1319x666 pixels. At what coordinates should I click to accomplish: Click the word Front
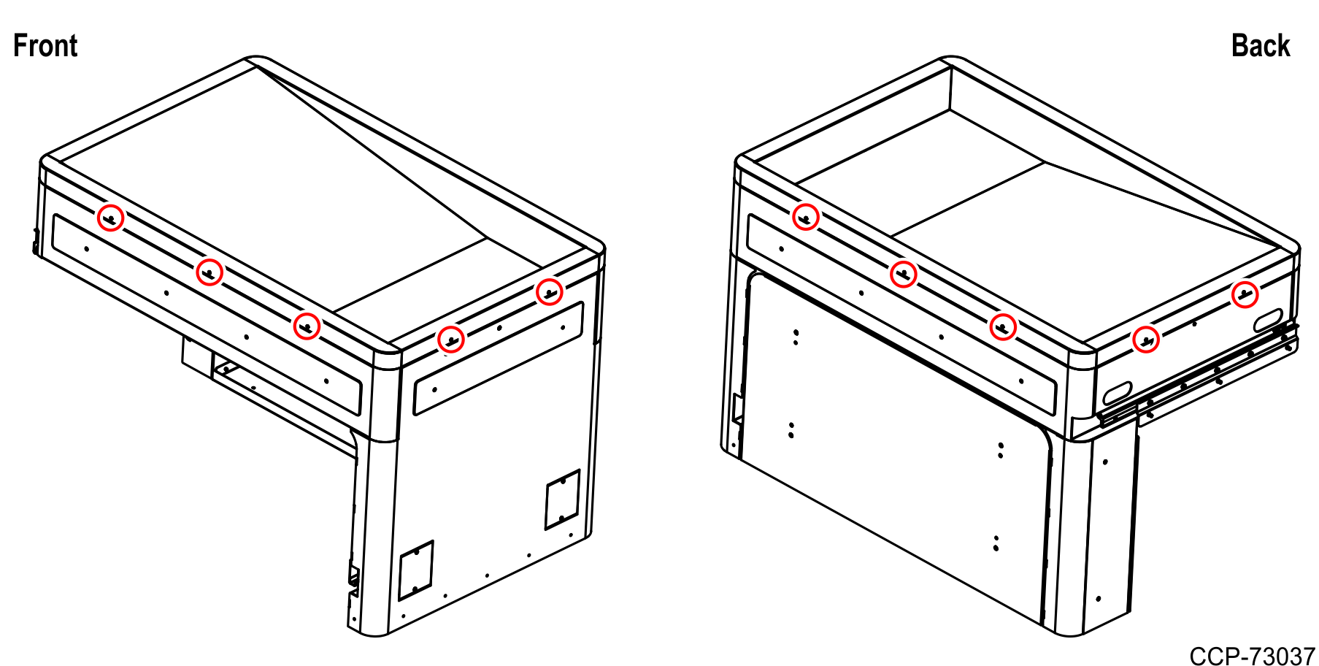(45, 46)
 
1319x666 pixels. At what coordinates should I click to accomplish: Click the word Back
(1260, 46)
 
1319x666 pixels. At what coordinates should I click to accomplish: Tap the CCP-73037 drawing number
(1252, 656)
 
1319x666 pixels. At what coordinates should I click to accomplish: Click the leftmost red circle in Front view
(111, 218)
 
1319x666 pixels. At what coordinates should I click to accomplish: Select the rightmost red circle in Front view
(549, 292)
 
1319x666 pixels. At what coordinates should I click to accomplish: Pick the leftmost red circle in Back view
(806, 217)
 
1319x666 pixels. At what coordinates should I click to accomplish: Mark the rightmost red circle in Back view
(1245, 295)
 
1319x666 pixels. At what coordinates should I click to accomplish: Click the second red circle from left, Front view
(209, 272)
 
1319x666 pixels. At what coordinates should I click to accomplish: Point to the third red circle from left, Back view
(1003, 326)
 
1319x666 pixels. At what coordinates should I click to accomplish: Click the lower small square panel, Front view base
(416, 570)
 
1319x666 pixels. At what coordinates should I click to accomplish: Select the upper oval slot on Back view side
(1268, 319)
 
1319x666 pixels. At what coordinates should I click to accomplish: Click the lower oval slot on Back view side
(1117, 393)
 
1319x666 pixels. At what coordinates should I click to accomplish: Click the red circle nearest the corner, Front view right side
(451, 339)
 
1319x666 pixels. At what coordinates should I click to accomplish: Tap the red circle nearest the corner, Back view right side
(1146, 340)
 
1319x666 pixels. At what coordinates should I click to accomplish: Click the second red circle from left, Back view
(904, 274)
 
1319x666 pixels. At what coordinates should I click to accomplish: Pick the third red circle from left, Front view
(307, 326)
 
